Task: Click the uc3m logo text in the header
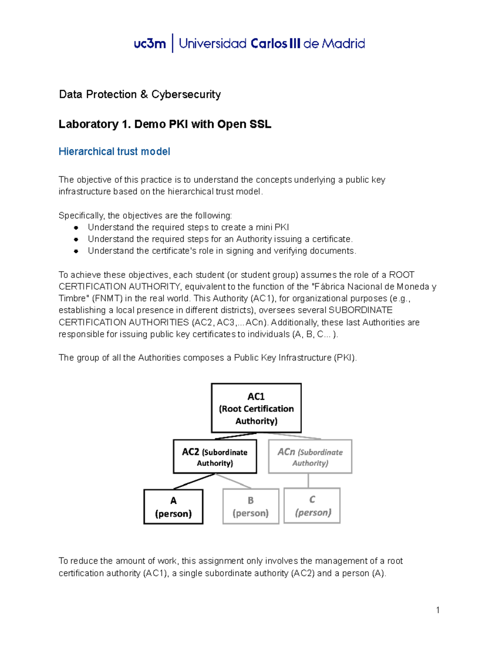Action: click(150, 43)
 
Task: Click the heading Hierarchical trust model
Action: click(114, 151)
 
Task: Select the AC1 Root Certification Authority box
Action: click(256, 408)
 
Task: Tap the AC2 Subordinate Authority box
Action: click(215, 457)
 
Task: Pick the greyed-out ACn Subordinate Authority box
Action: click(310, 457)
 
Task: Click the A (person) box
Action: click(173, 507)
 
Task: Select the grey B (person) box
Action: click(251, 506)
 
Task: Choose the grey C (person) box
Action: click(312, 505)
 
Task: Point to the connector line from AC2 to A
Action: click(194, 481)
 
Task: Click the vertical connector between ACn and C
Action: click(308, 480)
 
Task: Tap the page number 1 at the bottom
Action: click(438, 610)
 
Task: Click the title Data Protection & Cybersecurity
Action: click(140, 94)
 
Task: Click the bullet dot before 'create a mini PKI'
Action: click(76, 228)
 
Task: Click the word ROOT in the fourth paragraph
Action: click(401, 275)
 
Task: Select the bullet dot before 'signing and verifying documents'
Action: click(76, 251)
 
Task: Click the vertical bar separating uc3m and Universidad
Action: click(173, 43)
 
